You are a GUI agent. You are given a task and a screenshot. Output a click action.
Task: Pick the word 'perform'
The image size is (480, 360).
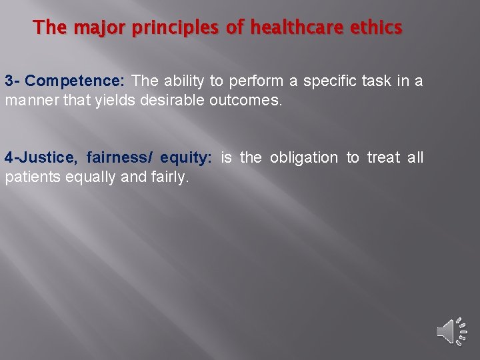(x=255, y=81)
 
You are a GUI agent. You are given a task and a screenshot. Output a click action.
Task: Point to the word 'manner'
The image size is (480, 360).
(x=29, y=102)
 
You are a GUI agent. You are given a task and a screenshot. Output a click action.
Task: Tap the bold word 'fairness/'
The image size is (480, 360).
(x=119, y=158)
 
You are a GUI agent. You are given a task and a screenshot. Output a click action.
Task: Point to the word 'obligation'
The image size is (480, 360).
(x=304, y=158)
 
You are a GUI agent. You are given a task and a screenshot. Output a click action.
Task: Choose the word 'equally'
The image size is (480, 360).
(x=88, y=179)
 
